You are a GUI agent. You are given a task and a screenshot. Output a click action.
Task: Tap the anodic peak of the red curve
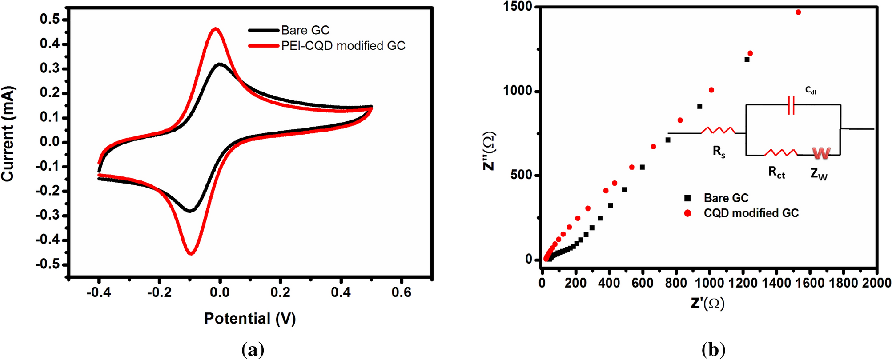coord(216,29)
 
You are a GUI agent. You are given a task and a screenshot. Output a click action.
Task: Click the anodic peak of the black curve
coord(220,64)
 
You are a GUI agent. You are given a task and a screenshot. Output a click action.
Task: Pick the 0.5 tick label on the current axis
coord(49,19)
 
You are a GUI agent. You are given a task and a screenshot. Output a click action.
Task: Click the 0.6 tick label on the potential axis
coord(401,292)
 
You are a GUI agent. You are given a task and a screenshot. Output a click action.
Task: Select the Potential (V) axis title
coord(250,318)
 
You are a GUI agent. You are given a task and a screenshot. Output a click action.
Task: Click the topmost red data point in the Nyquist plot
coord(798,12)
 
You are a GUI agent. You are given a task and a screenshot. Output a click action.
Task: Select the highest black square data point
coord(747,60)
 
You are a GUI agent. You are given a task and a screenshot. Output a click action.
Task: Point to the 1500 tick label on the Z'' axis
coord(518,7)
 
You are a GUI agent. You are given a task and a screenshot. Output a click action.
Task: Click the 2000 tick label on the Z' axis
coord(876,283)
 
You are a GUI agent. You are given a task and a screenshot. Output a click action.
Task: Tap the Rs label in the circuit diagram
coord(719,152)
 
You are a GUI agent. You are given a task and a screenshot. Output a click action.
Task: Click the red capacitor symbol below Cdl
coord(791,105)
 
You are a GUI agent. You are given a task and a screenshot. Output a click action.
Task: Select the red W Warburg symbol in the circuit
coord(821,153)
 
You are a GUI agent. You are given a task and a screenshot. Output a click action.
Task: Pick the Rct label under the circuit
coord(776,172)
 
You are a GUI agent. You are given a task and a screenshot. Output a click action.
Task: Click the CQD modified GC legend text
coord(751,213)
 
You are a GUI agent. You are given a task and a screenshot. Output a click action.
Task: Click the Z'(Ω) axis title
coord(707,304)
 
